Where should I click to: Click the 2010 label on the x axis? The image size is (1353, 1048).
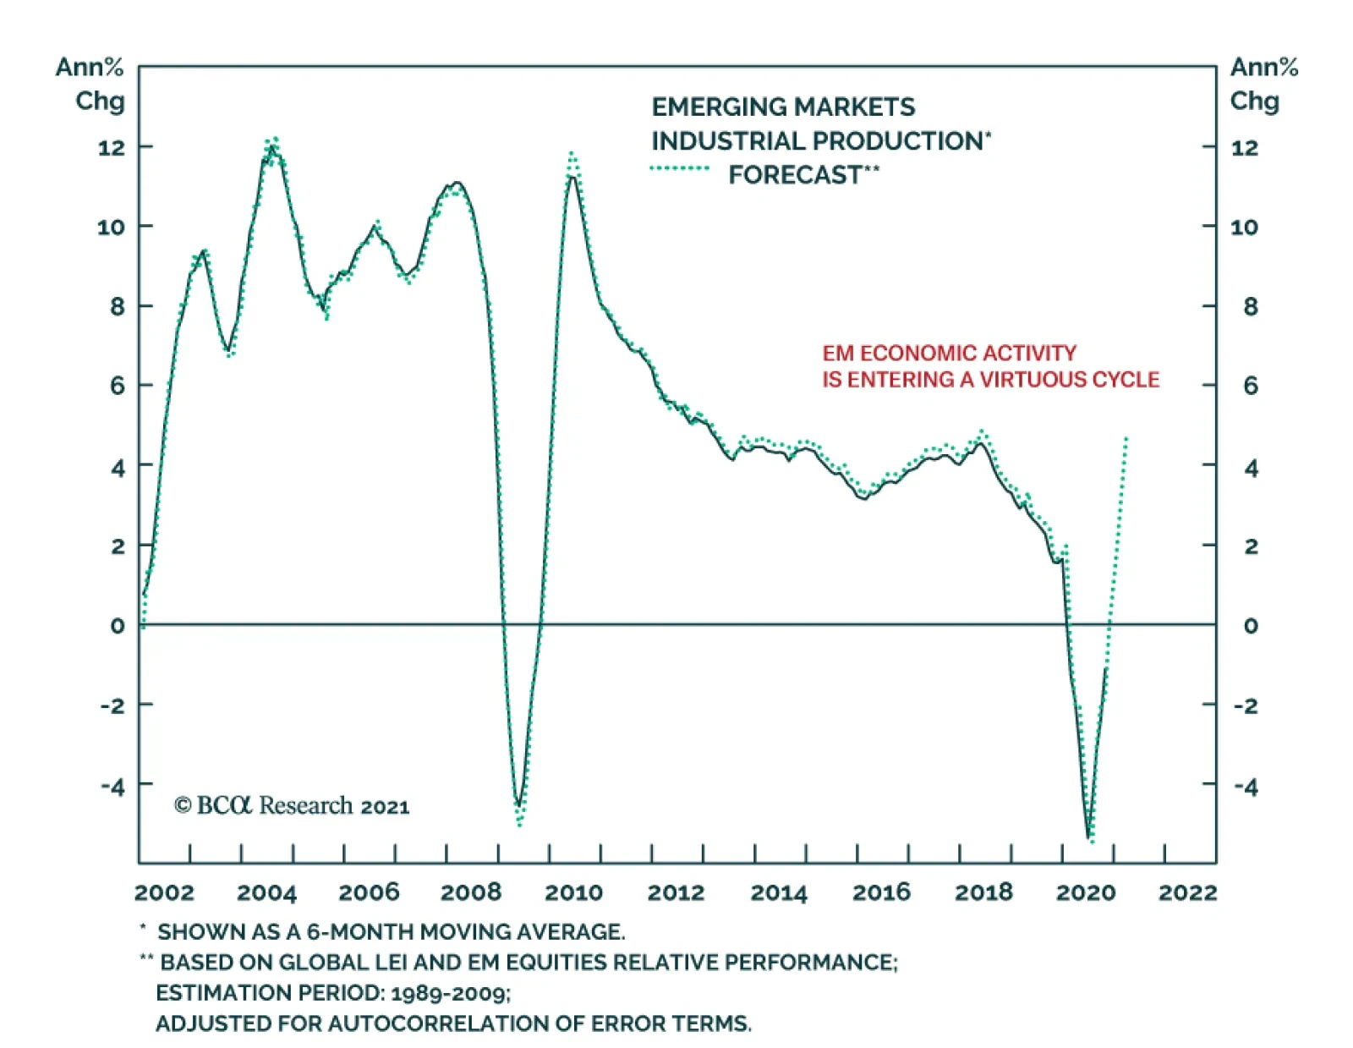(573, 892)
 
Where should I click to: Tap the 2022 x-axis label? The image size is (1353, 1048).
(1187, 892)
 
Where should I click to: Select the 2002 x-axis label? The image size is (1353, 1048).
(164, 892)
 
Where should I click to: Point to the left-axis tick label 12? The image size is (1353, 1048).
(111, 148)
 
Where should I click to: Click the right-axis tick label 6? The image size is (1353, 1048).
(1250, 387)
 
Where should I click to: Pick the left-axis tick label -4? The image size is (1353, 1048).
(112, 787)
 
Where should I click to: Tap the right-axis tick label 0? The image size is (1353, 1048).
(1250, 626)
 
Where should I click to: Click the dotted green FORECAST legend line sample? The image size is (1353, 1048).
(680, 168)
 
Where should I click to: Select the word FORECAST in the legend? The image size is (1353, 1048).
(795, 175)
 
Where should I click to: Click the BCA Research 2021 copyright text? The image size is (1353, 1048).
(292, 805)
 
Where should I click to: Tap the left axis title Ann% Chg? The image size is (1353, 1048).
(90, 84)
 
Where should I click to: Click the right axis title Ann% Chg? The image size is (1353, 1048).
(1263, 84)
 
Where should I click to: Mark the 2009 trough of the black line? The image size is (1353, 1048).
(518, 804)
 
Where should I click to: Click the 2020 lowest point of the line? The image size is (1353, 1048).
(1088, 837)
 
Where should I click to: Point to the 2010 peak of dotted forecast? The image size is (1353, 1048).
(572, 155)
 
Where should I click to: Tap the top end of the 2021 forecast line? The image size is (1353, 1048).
(1126, 438)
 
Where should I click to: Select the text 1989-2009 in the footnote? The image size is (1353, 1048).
(449, 993)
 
